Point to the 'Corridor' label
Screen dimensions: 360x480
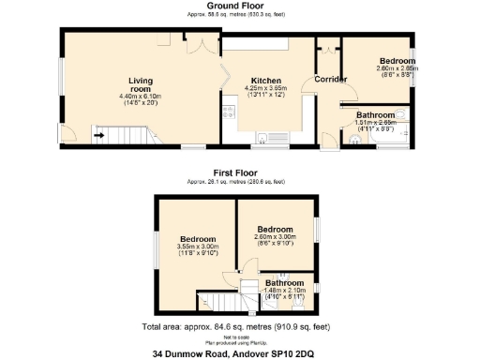(x=330, y=79)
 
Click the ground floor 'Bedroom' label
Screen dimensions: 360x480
(x=398, y=62)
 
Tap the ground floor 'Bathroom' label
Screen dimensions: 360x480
(x=376, y=114)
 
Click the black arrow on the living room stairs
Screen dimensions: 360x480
(x=98, y=135)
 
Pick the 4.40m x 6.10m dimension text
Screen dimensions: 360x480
(x=141, y=97)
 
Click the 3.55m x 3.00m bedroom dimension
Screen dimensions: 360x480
(x=198, y=247)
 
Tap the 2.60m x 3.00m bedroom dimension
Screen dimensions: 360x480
(x=276, y=237)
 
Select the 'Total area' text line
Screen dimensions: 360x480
(x=239, y=327)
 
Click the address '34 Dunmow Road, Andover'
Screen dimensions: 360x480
(x=239, y=353)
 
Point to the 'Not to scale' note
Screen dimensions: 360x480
(x=239, y=336)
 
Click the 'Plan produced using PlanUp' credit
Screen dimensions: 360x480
(x=239, y=341)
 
